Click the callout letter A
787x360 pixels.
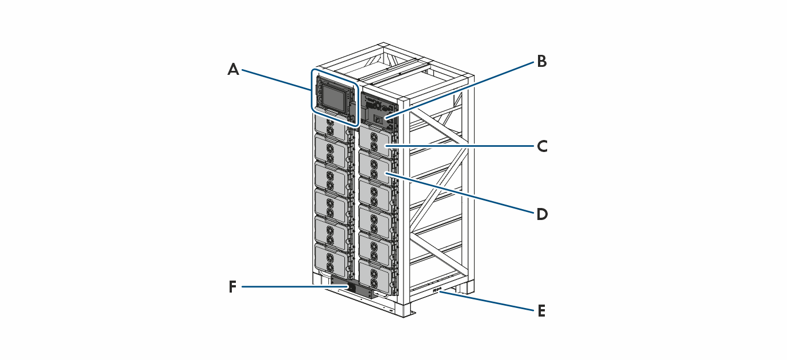pos(233,70)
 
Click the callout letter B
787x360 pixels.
pos(541,61)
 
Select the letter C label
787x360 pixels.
pos(542,146)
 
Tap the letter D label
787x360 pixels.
pos(541,214)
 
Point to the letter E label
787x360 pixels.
pos(541,311)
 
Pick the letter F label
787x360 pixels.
pos(232,287)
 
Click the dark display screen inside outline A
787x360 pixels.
pos(334,95)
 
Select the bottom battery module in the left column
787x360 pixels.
pos(331,259)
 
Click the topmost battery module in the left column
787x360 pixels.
pos(331,127)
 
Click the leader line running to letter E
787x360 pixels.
pos(491,301)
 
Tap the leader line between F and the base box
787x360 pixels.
pos(286,286)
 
